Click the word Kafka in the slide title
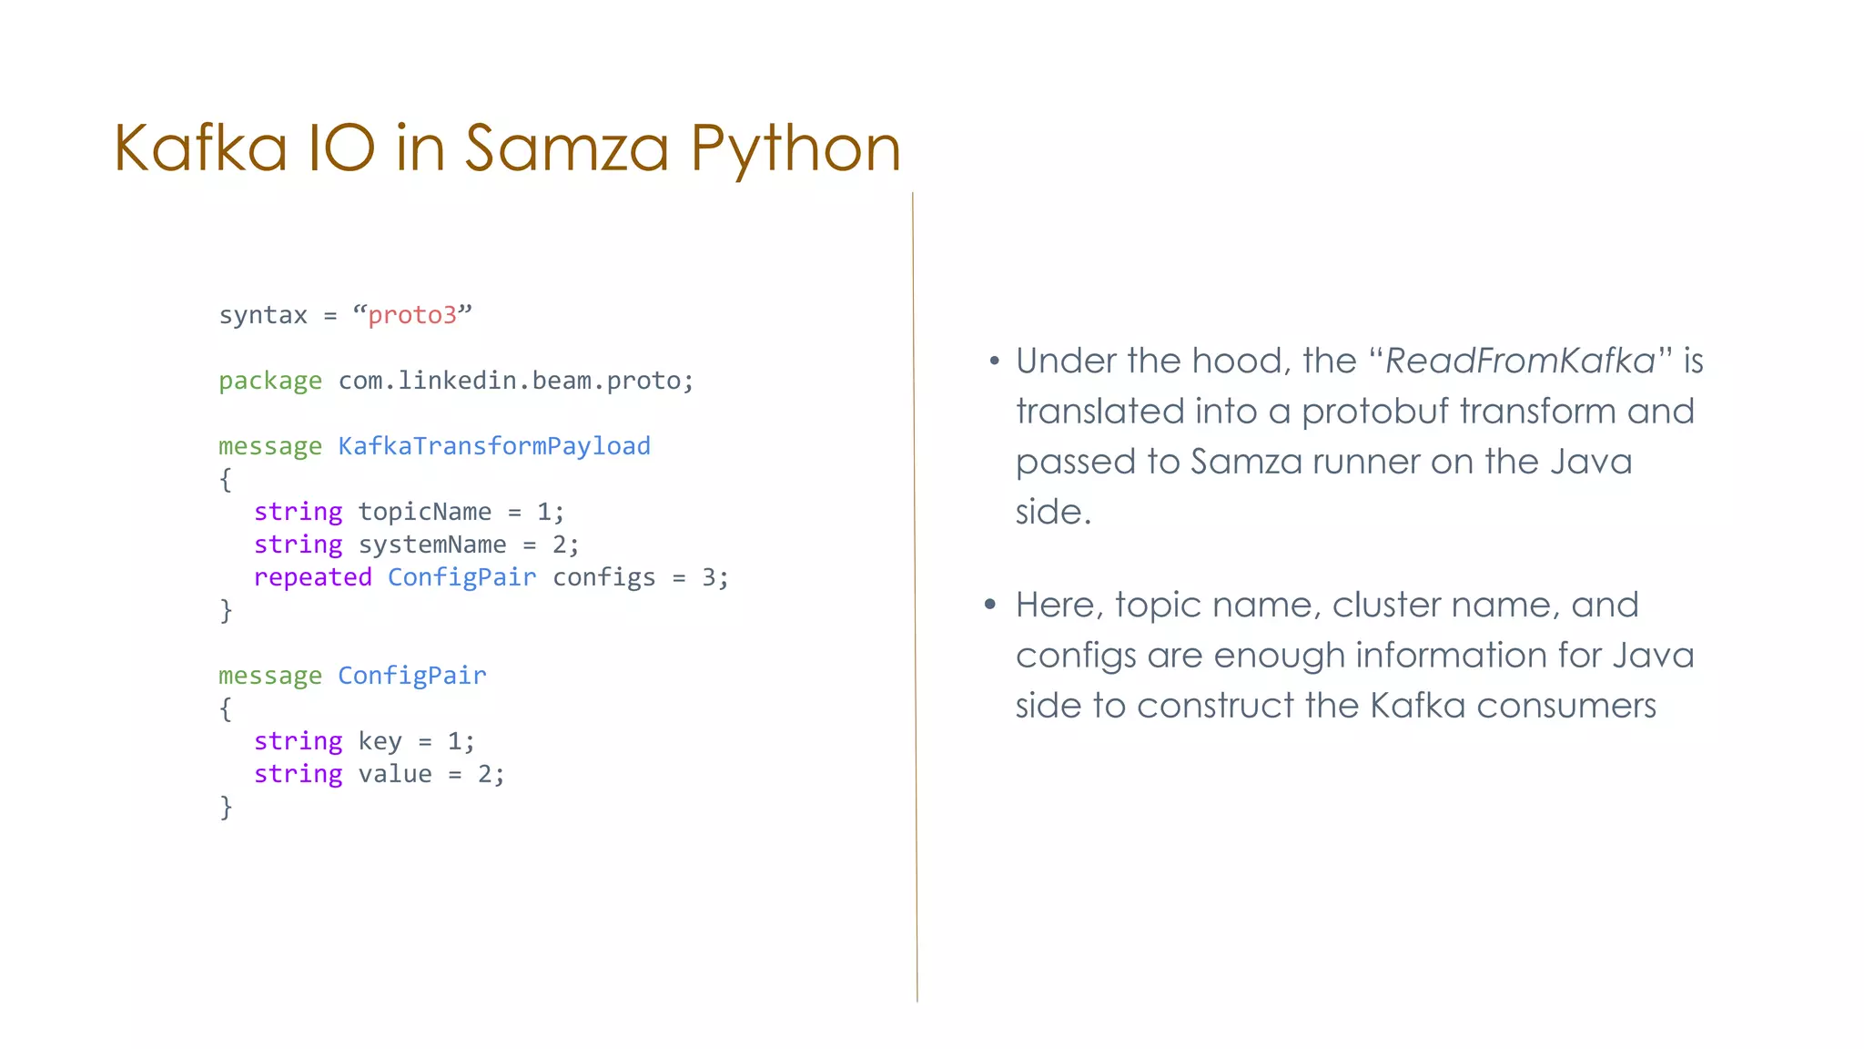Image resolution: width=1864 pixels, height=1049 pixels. pos(200,148)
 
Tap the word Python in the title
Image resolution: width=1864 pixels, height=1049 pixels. pos(795,149)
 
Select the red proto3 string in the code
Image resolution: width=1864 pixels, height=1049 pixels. pos(412,315)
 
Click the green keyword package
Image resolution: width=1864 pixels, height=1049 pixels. pos(269,381)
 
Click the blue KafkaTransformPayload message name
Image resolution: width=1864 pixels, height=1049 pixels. pos(494,446)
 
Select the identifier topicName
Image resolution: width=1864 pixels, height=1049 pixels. pos(424,512)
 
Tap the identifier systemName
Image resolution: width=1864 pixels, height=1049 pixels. pos(432,545)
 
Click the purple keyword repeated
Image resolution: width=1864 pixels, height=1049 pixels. pos(312,577)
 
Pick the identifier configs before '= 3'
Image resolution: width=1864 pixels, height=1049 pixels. pos(603,577)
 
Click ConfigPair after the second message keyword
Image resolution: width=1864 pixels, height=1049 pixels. pos(412,676)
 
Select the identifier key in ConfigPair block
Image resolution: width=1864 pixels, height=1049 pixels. pos(380,741)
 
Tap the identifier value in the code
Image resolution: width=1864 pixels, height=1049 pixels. pos(395,774)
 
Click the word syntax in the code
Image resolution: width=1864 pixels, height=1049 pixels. pos(263,315)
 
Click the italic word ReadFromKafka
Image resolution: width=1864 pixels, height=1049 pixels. pos(1519,362)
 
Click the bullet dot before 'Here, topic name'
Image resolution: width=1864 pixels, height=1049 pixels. pos(991,605)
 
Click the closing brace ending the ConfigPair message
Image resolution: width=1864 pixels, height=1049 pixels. pos(226,807)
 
